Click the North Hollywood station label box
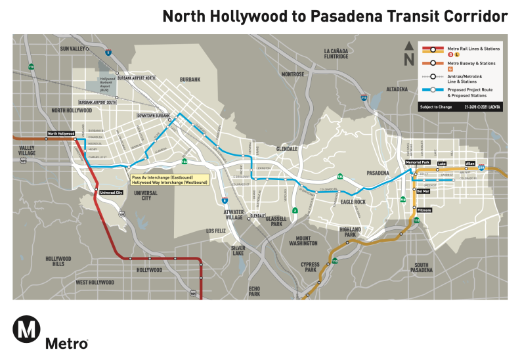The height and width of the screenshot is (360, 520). point(60,133)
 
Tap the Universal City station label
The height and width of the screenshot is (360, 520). point(111,192)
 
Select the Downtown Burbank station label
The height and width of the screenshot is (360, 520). point(153,116)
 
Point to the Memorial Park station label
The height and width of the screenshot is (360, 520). point(417,162)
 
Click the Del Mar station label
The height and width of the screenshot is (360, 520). point(423,191)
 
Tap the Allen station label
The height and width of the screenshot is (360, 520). point(469,162)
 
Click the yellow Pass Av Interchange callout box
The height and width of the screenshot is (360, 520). point(169,179)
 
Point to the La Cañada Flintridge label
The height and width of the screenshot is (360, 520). point(336,54)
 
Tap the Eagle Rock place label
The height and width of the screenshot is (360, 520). point(353,202)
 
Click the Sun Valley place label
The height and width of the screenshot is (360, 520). point(73,49)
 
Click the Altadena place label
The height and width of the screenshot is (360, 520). point(397,89)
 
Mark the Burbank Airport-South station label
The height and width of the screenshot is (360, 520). point(97,102)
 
